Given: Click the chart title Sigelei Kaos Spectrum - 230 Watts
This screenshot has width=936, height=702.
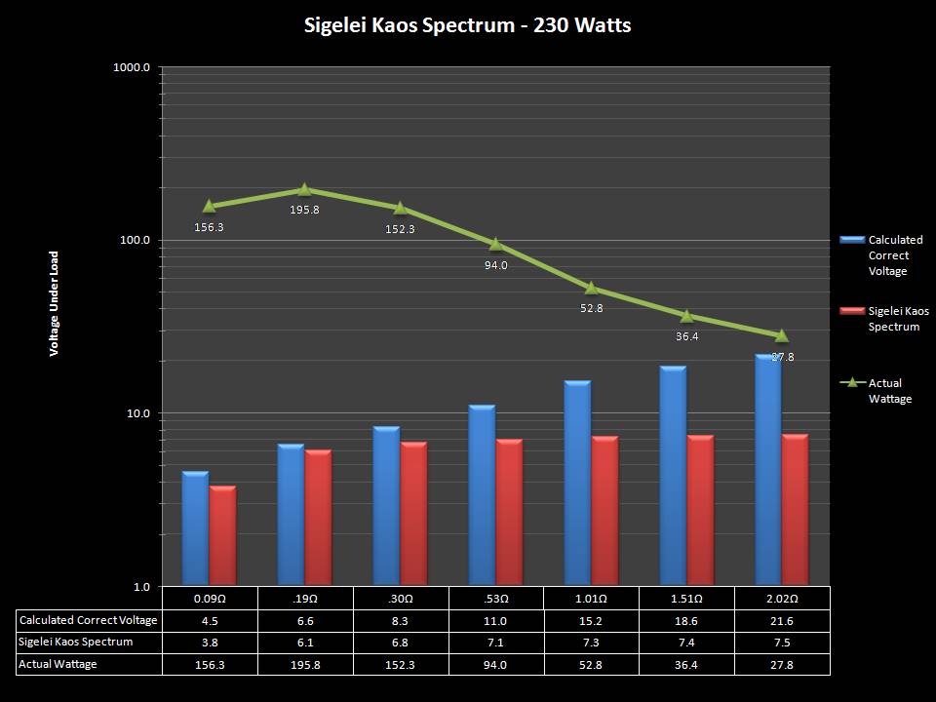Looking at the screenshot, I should (468, 25).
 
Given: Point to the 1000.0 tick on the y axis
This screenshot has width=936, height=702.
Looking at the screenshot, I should (132, 67).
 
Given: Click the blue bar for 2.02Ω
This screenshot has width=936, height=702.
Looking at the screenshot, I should (767, 468).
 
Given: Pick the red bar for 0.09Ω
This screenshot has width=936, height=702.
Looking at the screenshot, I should (223, 534).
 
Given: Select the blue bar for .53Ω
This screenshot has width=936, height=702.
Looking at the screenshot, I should (482, 493).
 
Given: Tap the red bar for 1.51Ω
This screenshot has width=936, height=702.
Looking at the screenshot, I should (700, 509).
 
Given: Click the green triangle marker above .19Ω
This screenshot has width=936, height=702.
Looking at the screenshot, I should (304, 190).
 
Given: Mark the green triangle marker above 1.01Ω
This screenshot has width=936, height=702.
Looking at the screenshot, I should (591, 288).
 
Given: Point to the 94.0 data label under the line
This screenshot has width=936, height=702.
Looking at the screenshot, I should (495, 265).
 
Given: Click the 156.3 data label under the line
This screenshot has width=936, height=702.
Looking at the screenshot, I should (209, 227).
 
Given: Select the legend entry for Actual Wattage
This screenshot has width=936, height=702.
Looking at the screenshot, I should (890, 391).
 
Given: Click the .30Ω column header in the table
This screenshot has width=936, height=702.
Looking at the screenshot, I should (400, 598).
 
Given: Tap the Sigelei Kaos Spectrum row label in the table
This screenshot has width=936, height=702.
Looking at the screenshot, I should (76, 643).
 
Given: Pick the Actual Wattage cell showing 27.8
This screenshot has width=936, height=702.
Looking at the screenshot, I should (782, 664).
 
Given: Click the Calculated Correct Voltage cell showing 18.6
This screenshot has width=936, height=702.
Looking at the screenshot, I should (686, 620).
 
